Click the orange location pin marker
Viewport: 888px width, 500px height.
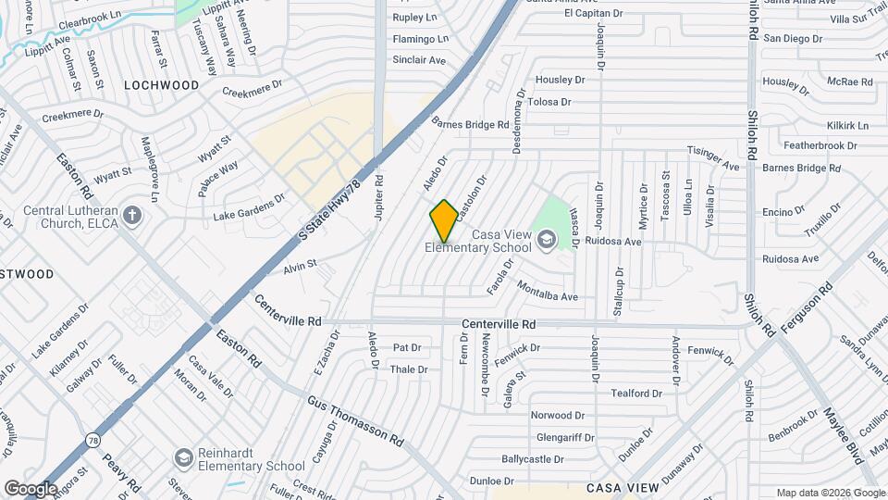(444, 220)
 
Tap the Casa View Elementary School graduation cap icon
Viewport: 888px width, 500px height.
(547, 241)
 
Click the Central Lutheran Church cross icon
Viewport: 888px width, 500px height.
(133, 217)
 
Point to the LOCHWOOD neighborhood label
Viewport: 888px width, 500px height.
(162, 85)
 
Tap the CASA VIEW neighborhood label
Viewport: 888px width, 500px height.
(623, 487)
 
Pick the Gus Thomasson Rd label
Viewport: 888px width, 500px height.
(356, 422)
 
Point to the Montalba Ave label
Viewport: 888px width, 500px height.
(547, 291)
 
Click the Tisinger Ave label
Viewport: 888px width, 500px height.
(713, 158)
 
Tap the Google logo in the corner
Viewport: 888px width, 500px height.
(31, 488)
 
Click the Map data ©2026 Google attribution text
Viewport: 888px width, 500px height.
(830, 493)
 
